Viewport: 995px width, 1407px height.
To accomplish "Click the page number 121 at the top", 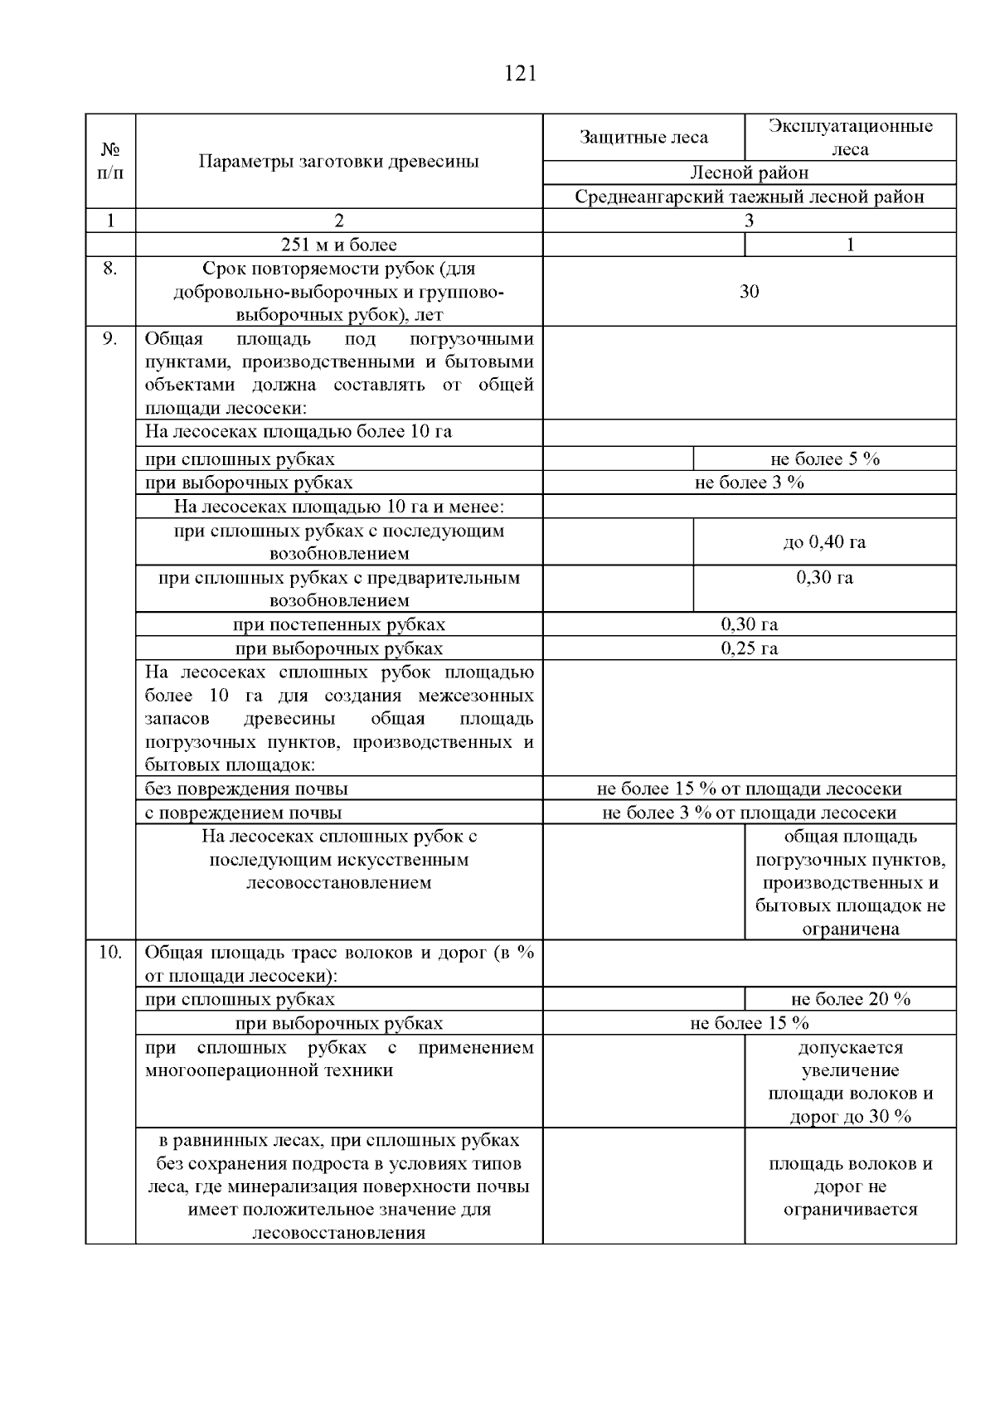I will pyautogui.click(x=520, y=74).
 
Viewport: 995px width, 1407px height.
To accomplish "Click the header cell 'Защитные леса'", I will pyautogui.click(x=643, y=138).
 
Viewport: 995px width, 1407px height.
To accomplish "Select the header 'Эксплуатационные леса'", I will pyautogui.click(x=850, y=138).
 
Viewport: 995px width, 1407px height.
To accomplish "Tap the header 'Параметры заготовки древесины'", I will pyautogui.click(x=338, y=162).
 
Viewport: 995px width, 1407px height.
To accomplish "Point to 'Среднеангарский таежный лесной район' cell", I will pyautogui.click(x=749, y=197).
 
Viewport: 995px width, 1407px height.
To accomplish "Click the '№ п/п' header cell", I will pyautogui.click(x=110, y=162).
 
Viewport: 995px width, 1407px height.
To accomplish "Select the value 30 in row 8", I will pyautogui.click(x=749, y=292).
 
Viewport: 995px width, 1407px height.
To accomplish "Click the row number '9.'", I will pyautogui.click(x=110, y=339).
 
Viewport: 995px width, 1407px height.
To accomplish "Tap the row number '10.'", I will pyautogui.click(x=110, y=953).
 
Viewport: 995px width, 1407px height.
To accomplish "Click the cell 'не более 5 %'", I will pyautogui.click(x=824, y=459).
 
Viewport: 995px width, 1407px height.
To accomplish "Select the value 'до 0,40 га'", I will pyautogui.click(x=824, y=542).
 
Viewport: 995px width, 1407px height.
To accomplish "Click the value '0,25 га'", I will pyautogui.click(x=749, y=648).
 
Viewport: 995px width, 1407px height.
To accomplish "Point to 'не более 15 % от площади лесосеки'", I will pyautogui.click(x=749, y=789).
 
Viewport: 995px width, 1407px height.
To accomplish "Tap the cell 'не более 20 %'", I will pyautogui.click(x=850, y=1000).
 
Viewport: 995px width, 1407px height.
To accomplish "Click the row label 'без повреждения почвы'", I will pyautogui.click(x=246, y=789).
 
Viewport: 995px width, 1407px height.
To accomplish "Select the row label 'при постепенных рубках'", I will pyautogui.click(x=338, y=625).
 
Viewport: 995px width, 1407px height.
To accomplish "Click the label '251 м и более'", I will pyautogui.click(x=338, y=245).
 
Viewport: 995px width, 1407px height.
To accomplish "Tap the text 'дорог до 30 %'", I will pyautogui.click(x=850, y=1117).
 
